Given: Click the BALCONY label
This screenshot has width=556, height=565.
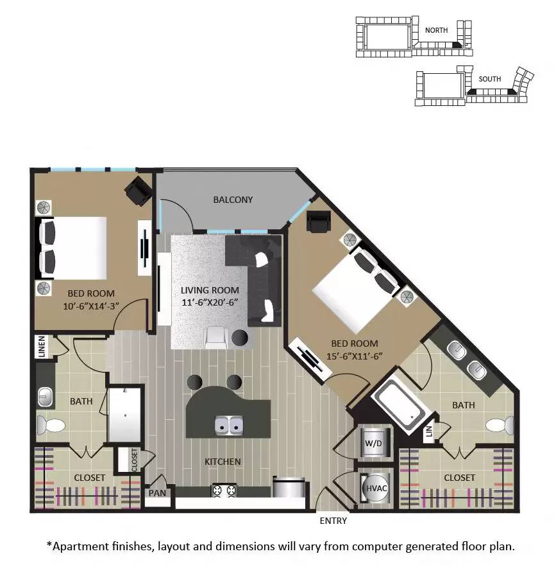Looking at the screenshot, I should tap(233, 200).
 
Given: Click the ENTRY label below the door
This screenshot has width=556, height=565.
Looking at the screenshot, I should tap(333, 521).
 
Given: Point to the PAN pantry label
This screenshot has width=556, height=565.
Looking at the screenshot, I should tap(156, 494).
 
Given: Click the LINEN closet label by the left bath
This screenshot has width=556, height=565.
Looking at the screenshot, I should tap(42, 346).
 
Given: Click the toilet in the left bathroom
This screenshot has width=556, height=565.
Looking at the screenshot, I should tap(49, 424).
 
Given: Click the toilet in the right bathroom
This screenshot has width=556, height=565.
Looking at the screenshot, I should tap(500, 425).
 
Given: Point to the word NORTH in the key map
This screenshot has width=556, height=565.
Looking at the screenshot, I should tap(436, 30).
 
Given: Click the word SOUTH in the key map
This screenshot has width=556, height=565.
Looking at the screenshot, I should tap(489, 79).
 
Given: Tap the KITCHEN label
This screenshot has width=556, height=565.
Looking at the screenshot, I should tap(223, 462).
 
